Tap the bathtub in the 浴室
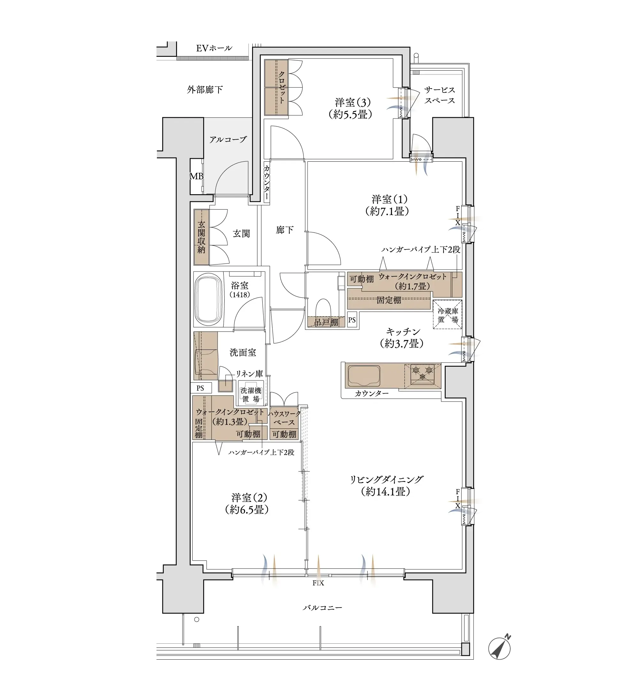[x=208, y=299]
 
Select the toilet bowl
[x=323, y=309]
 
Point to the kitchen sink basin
[x=363, y=376]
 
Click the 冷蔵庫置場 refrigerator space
[x=448, y=314]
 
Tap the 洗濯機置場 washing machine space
[x=251, y=395]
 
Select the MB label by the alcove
[x=196, y=176]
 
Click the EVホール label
[x=214, y=48]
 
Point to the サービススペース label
[x=439, y=95]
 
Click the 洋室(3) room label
[x=351, y=108]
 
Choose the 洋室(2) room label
[x=247, y=504]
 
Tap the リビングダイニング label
[x=386, y=485]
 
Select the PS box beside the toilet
[x=352, y=320]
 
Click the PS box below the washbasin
[x=201, y=388]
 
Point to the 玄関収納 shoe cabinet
[x=201, y=237]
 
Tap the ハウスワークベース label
[x=284, y=418]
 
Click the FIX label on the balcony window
[x=318, y=583]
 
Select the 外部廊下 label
[x=205, y=89]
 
